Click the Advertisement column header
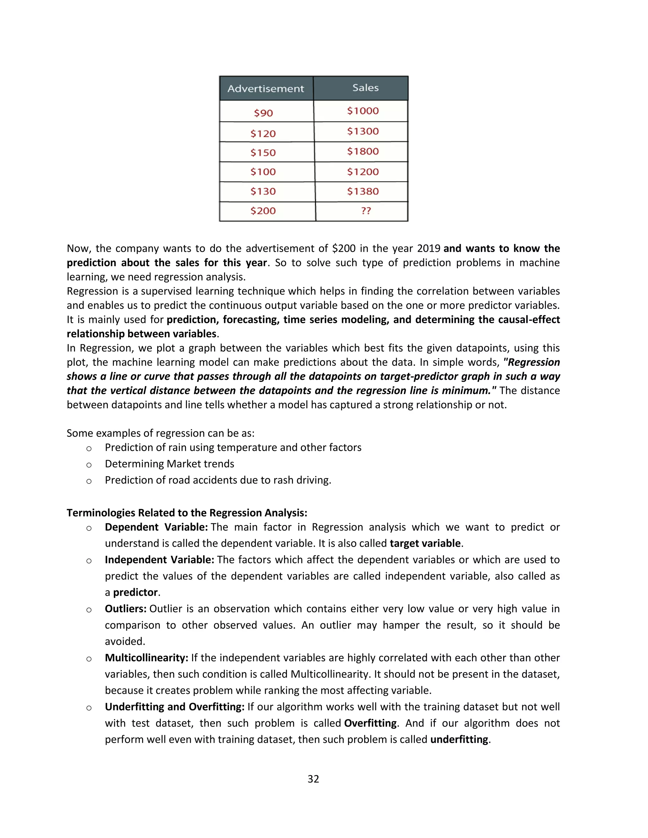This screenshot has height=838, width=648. tap(266, 89)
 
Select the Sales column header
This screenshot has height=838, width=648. tap(365, 88)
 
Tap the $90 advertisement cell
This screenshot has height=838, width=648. tap(263, 113)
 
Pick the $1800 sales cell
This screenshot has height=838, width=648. tap(363, 151)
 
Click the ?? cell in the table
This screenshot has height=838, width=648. tap(366, 211)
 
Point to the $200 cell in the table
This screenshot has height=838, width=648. tap(263, 211)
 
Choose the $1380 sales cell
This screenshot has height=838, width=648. tap(363, 191)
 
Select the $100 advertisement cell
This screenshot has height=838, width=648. tap(263, 171)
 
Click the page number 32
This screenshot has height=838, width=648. tap(313, 779)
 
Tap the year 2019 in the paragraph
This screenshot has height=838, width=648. tap(428, 248)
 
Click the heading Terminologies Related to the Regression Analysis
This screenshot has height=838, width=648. tap(187, 513)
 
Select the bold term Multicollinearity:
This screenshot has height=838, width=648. tap(146, 658)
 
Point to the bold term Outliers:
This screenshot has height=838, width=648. tap(126, 608)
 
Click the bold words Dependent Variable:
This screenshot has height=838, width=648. tap(156, 527)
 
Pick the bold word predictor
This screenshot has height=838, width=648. tap(135, 592)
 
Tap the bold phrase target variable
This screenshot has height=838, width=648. tap(425, 543)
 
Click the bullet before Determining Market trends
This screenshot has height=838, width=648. tap(89, 465)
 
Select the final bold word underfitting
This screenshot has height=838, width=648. tap(459, 739)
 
